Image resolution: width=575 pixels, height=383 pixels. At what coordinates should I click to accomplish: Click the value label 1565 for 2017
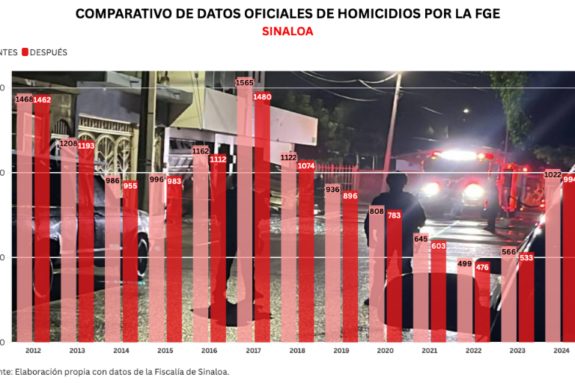(245, 83)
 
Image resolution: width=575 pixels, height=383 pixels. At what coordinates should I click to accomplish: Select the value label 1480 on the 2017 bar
(262, 96)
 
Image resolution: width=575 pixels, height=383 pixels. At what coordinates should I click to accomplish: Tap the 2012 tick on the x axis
(33, 350)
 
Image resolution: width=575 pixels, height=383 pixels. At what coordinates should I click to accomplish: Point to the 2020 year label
(386, 350)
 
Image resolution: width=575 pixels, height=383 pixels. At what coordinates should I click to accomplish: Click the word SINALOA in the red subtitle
(287, 31)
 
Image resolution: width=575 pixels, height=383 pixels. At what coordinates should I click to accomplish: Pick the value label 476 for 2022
(482, 268)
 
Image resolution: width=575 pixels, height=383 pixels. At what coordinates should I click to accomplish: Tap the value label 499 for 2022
(465, 264)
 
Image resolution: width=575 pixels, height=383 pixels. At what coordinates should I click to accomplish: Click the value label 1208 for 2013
(69, 143)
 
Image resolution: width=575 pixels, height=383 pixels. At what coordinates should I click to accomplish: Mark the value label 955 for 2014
(130, 186)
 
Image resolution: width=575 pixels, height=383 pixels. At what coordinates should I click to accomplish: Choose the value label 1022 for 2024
(553, 174)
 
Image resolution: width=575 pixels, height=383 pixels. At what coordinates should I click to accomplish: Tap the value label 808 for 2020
(377, 211)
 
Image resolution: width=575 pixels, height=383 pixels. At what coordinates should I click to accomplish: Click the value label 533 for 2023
(526, 258)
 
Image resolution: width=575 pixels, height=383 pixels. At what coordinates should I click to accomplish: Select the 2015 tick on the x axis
(165, 350)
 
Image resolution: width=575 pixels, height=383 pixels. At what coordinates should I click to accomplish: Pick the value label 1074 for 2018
(306, 165)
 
